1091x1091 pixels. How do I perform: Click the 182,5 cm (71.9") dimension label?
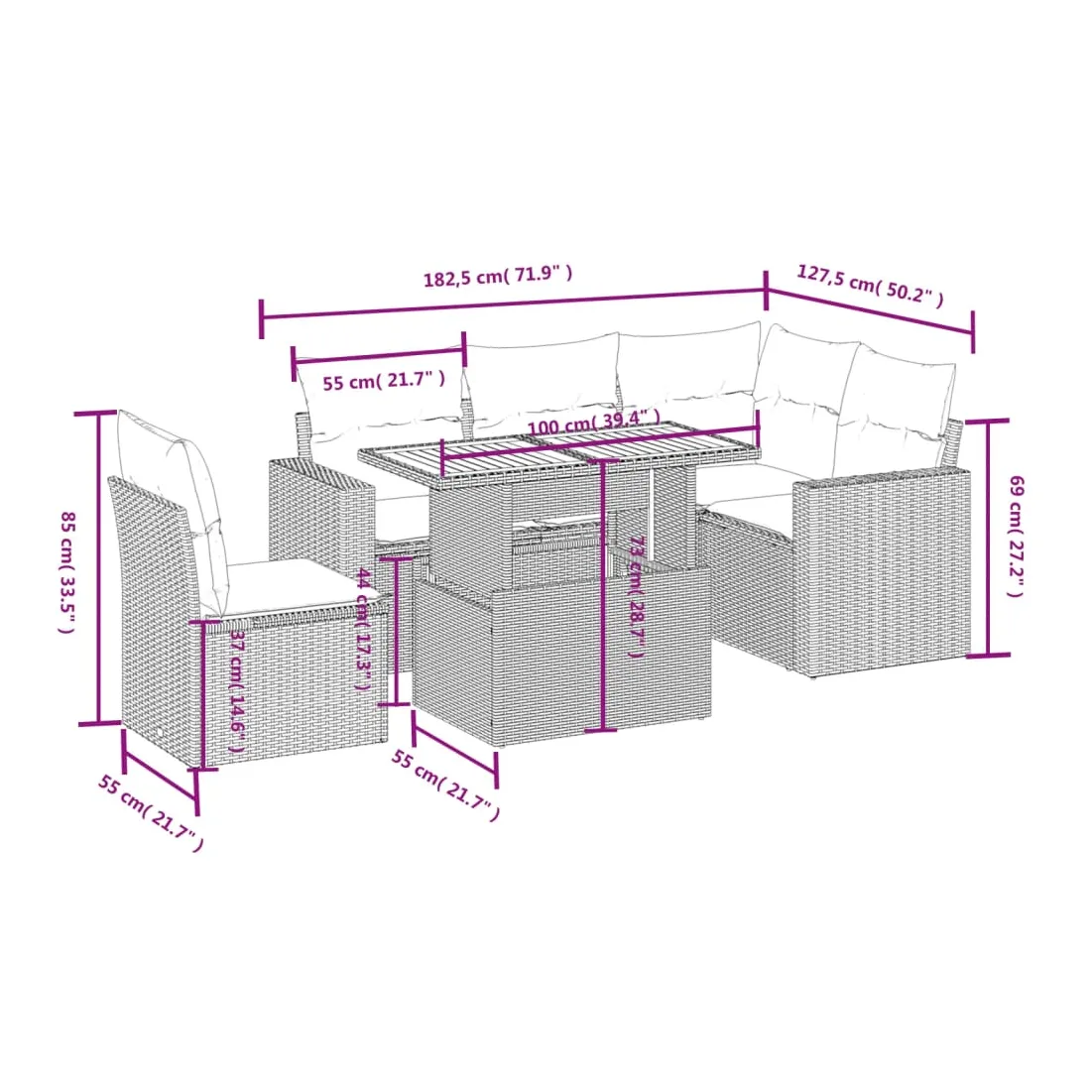pos(498,276)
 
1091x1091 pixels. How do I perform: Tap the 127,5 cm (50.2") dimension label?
pos(871,286)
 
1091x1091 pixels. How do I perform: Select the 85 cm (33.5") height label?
pos(66,572)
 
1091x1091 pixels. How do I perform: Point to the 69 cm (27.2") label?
pos(1016,536)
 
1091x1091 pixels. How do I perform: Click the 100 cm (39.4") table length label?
pos(593,422)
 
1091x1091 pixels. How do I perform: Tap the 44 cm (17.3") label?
pos(364,629)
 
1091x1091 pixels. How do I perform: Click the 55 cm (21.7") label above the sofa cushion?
pos(384,381)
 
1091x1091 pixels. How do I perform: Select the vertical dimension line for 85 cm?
pos(98,567)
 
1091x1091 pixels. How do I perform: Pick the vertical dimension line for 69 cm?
pos(988,538)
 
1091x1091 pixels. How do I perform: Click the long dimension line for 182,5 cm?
pos(514,304)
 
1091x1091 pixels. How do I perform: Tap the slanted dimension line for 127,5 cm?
pos(870,311)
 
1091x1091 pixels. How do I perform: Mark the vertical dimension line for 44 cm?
pos(395,631)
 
